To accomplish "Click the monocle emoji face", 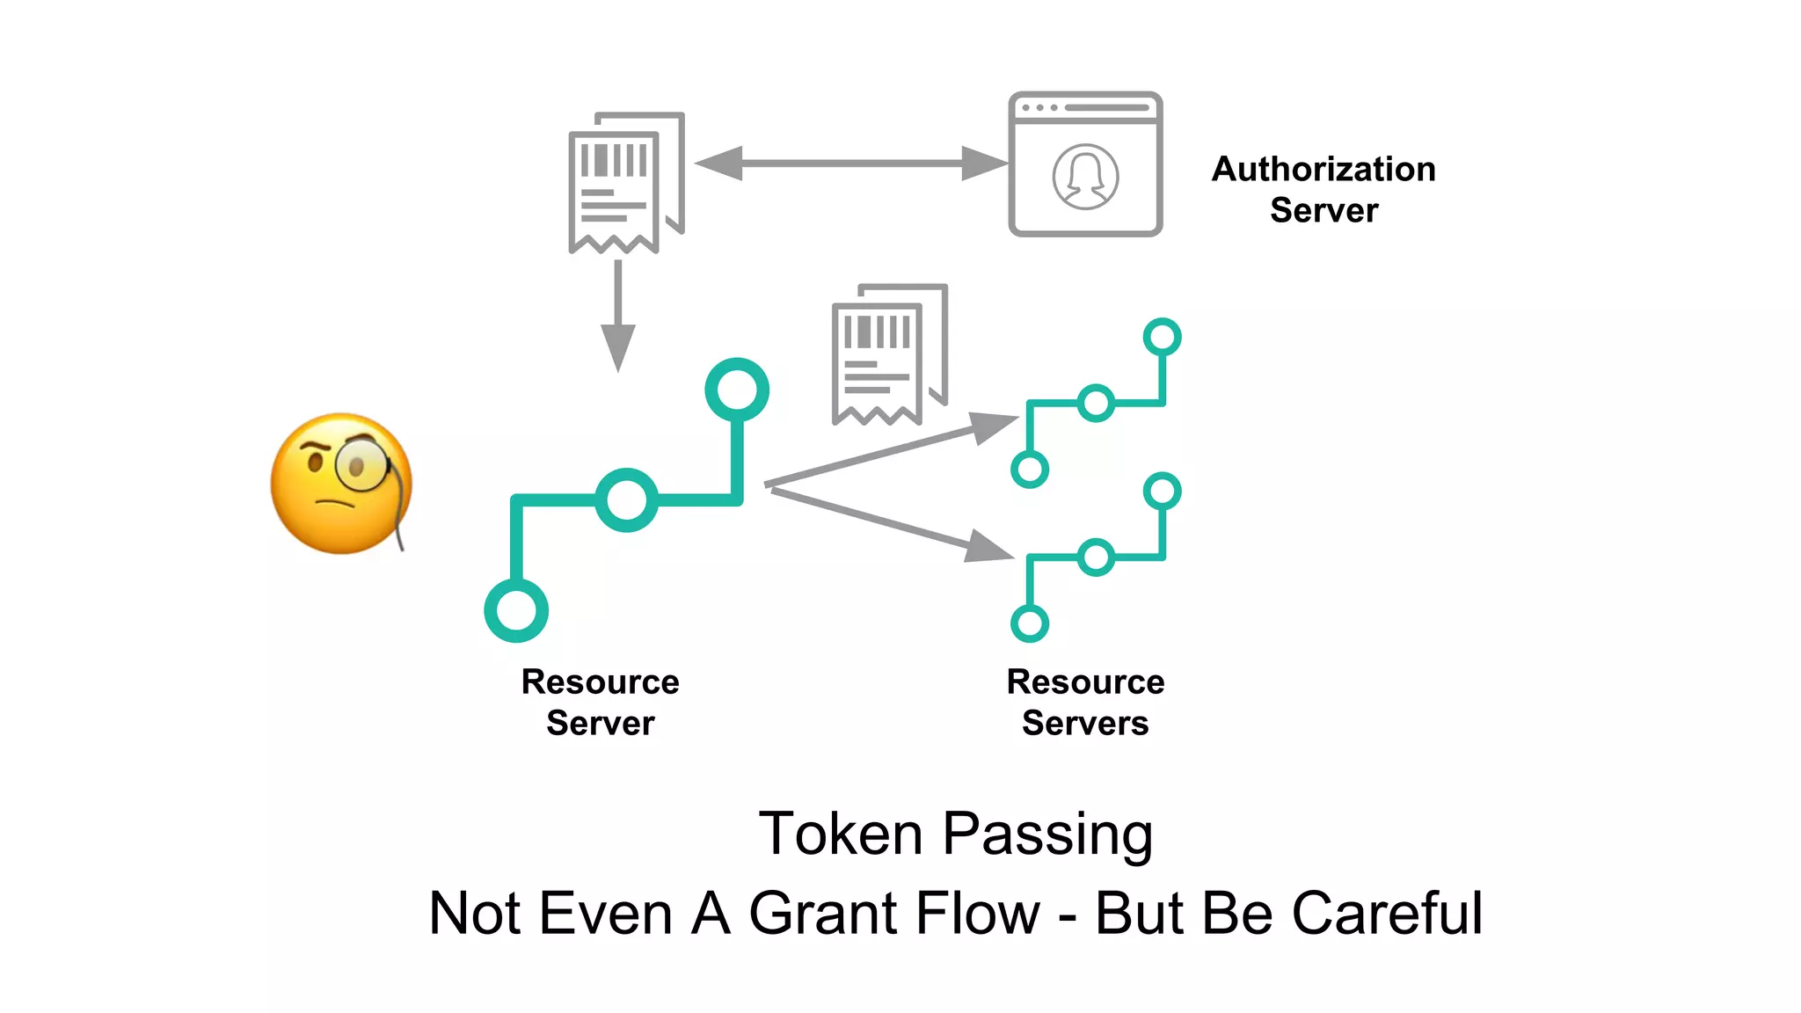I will [x=341, y=484].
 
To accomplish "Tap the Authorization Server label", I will [x=1323, y=189].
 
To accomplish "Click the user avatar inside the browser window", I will [x=1085, y=177].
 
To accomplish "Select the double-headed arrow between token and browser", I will [x=851, y=164].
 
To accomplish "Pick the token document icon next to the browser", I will [x=625, y=183].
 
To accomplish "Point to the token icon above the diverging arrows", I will [x=888, y=354].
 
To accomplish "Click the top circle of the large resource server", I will [x=737, y=390].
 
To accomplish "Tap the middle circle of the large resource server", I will [x=626, y=499].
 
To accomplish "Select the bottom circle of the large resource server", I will [x=516, y=610].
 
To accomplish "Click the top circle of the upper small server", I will [x=1162, y=337].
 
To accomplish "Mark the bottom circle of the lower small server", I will [x=1030, y=623].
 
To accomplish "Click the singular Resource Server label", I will [x=601, y=702].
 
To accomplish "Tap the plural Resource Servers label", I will [x=1085, y=702].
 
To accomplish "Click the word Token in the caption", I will [x=840, y=834].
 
